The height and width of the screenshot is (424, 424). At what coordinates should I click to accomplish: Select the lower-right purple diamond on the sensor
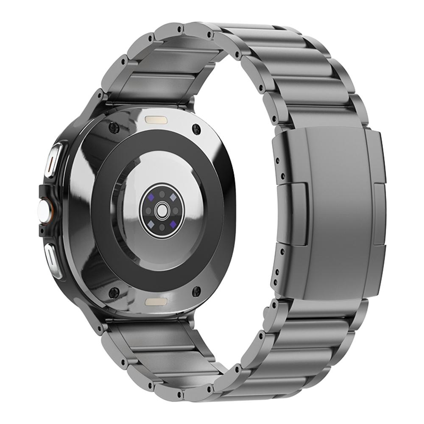(x=173, y=223)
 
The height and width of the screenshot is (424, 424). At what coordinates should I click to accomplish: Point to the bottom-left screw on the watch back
(x=114, y=292)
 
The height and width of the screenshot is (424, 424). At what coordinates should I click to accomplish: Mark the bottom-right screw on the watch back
(x=196, y=291)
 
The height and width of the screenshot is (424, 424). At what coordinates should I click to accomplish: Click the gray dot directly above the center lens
(x=162, y=194)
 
